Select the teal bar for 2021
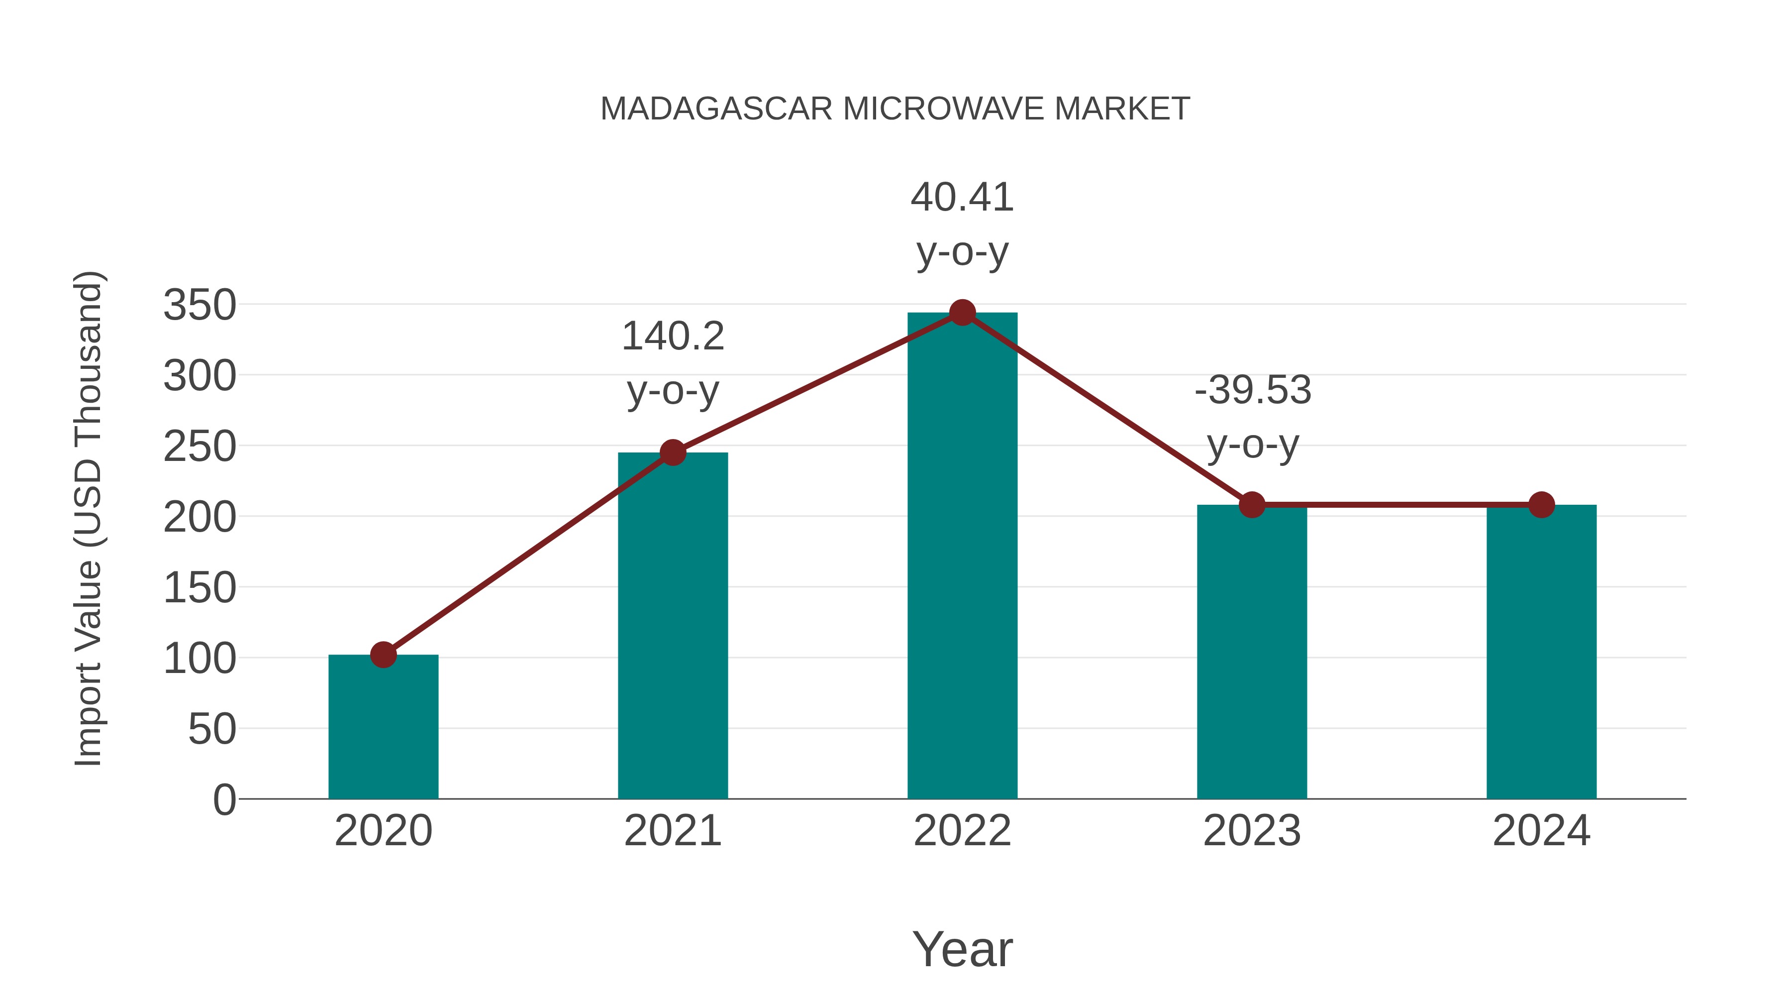(672, 626)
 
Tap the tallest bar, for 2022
(962, 557)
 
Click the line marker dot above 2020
(383, 655)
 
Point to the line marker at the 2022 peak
(962, 313)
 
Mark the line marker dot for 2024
(1541, 505)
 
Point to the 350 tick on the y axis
(199, 306)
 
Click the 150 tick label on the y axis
(199, 588)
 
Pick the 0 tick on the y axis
(224, 799)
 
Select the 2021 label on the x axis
(672, 831)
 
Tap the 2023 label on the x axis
(1252, 831)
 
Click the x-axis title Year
(962, 949)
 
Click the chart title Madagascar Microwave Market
(895, 109)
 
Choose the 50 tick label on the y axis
(212, 729)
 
